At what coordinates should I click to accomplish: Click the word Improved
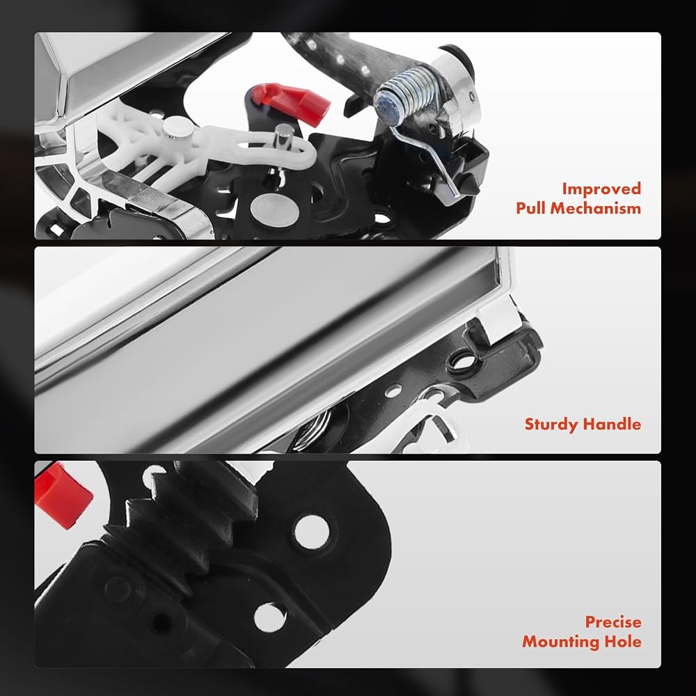(x=601, y=189)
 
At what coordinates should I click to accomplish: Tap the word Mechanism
(x=596, y=208)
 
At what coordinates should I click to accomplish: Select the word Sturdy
(x=551, y=425)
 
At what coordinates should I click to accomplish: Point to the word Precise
(x=613, y=622)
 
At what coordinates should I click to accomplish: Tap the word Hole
(x=623, y=642)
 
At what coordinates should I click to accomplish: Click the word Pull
(x=531, y=207)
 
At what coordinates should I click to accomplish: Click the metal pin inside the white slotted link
(x=283, y=138)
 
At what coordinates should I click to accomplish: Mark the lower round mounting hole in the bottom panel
(x=270, y=617)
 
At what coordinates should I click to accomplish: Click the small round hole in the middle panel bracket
(x=393, y=391)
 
